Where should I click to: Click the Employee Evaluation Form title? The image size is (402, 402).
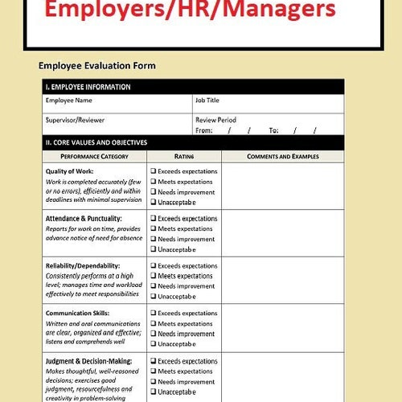(x=97, y=65)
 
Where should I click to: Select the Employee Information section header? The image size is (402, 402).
(x=88, y=87)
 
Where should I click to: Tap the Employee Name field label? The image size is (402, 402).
(x=68, y=101)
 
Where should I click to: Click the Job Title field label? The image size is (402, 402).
(x=207, y=101)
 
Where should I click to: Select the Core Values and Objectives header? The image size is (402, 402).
(x=96, y=142)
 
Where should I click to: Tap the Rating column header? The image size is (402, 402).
(x=184, y=156)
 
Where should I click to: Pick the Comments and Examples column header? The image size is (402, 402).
(x=282, y=156)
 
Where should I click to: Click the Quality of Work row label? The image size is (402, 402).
(x=69, y=171)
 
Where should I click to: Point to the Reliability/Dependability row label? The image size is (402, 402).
(x=83, y=266)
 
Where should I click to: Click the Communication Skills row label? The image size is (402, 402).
(x=77, y=314)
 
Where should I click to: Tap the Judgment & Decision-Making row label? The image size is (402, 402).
(x=88, y=361)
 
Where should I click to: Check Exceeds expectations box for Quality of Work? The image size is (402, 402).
(x=154, y=171)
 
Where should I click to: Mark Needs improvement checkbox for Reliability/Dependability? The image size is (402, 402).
(x=154, y=286)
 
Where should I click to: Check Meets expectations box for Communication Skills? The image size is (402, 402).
(x=154, y=323)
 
